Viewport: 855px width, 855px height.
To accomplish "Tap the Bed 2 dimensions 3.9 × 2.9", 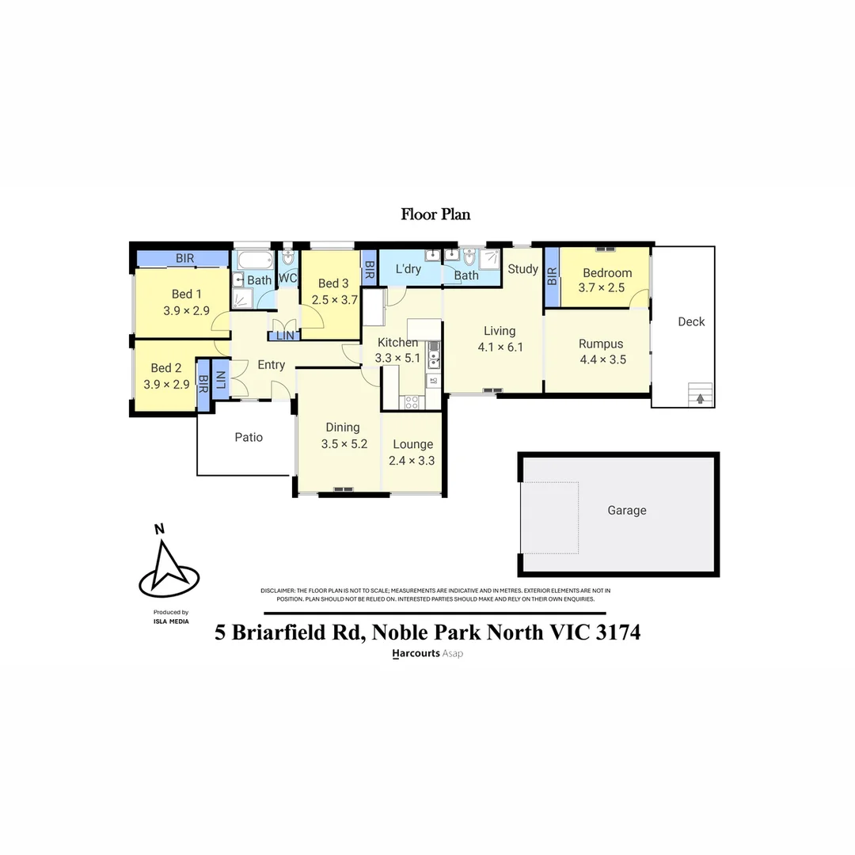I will (x=166, y=384).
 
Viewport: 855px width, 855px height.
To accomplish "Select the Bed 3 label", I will (x=333, y=283).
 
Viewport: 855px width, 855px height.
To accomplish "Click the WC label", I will (x=287, y=279).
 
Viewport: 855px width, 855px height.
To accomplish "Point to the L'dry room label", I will (x=408, y=269).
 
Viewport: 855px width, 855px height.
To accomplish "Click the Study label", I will (x=522, y=269).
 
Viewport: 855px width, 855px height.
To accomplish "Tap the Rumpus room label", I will (x=601, y=344).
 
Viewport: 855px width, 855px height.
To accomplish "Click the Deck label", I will (x=691, y=321).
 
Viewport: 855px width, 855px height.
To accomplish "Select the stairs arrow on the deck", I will (x=700, y=397).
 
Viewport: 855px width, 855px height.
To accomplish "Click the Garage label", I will (x=627, y=511).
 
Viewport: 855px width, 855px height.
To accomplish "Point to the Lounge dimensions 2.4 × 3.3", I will (x=412, y=461).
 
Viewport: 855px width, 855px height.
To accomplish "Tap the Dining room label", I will (x=343, y=427).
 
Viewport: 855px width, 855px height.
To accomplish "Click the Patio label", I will (x=249, y=437).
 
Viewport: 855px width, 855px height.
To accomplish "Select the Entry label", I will (x=271, y=365).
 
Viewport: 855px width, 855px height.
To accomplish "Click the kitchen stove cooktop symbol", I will (x=412, y=401).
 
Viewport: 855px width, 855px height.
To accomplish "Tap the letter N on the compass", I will (x=159, y=530).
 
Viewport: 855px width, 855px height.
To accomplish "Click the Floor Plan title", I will (x=435, y=214).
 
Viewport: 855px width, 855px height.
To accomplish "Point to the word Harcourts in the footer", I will (x=416, y=654).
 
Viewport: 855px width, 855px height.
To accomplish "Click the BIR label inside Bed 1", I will (x=184, y=259).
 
